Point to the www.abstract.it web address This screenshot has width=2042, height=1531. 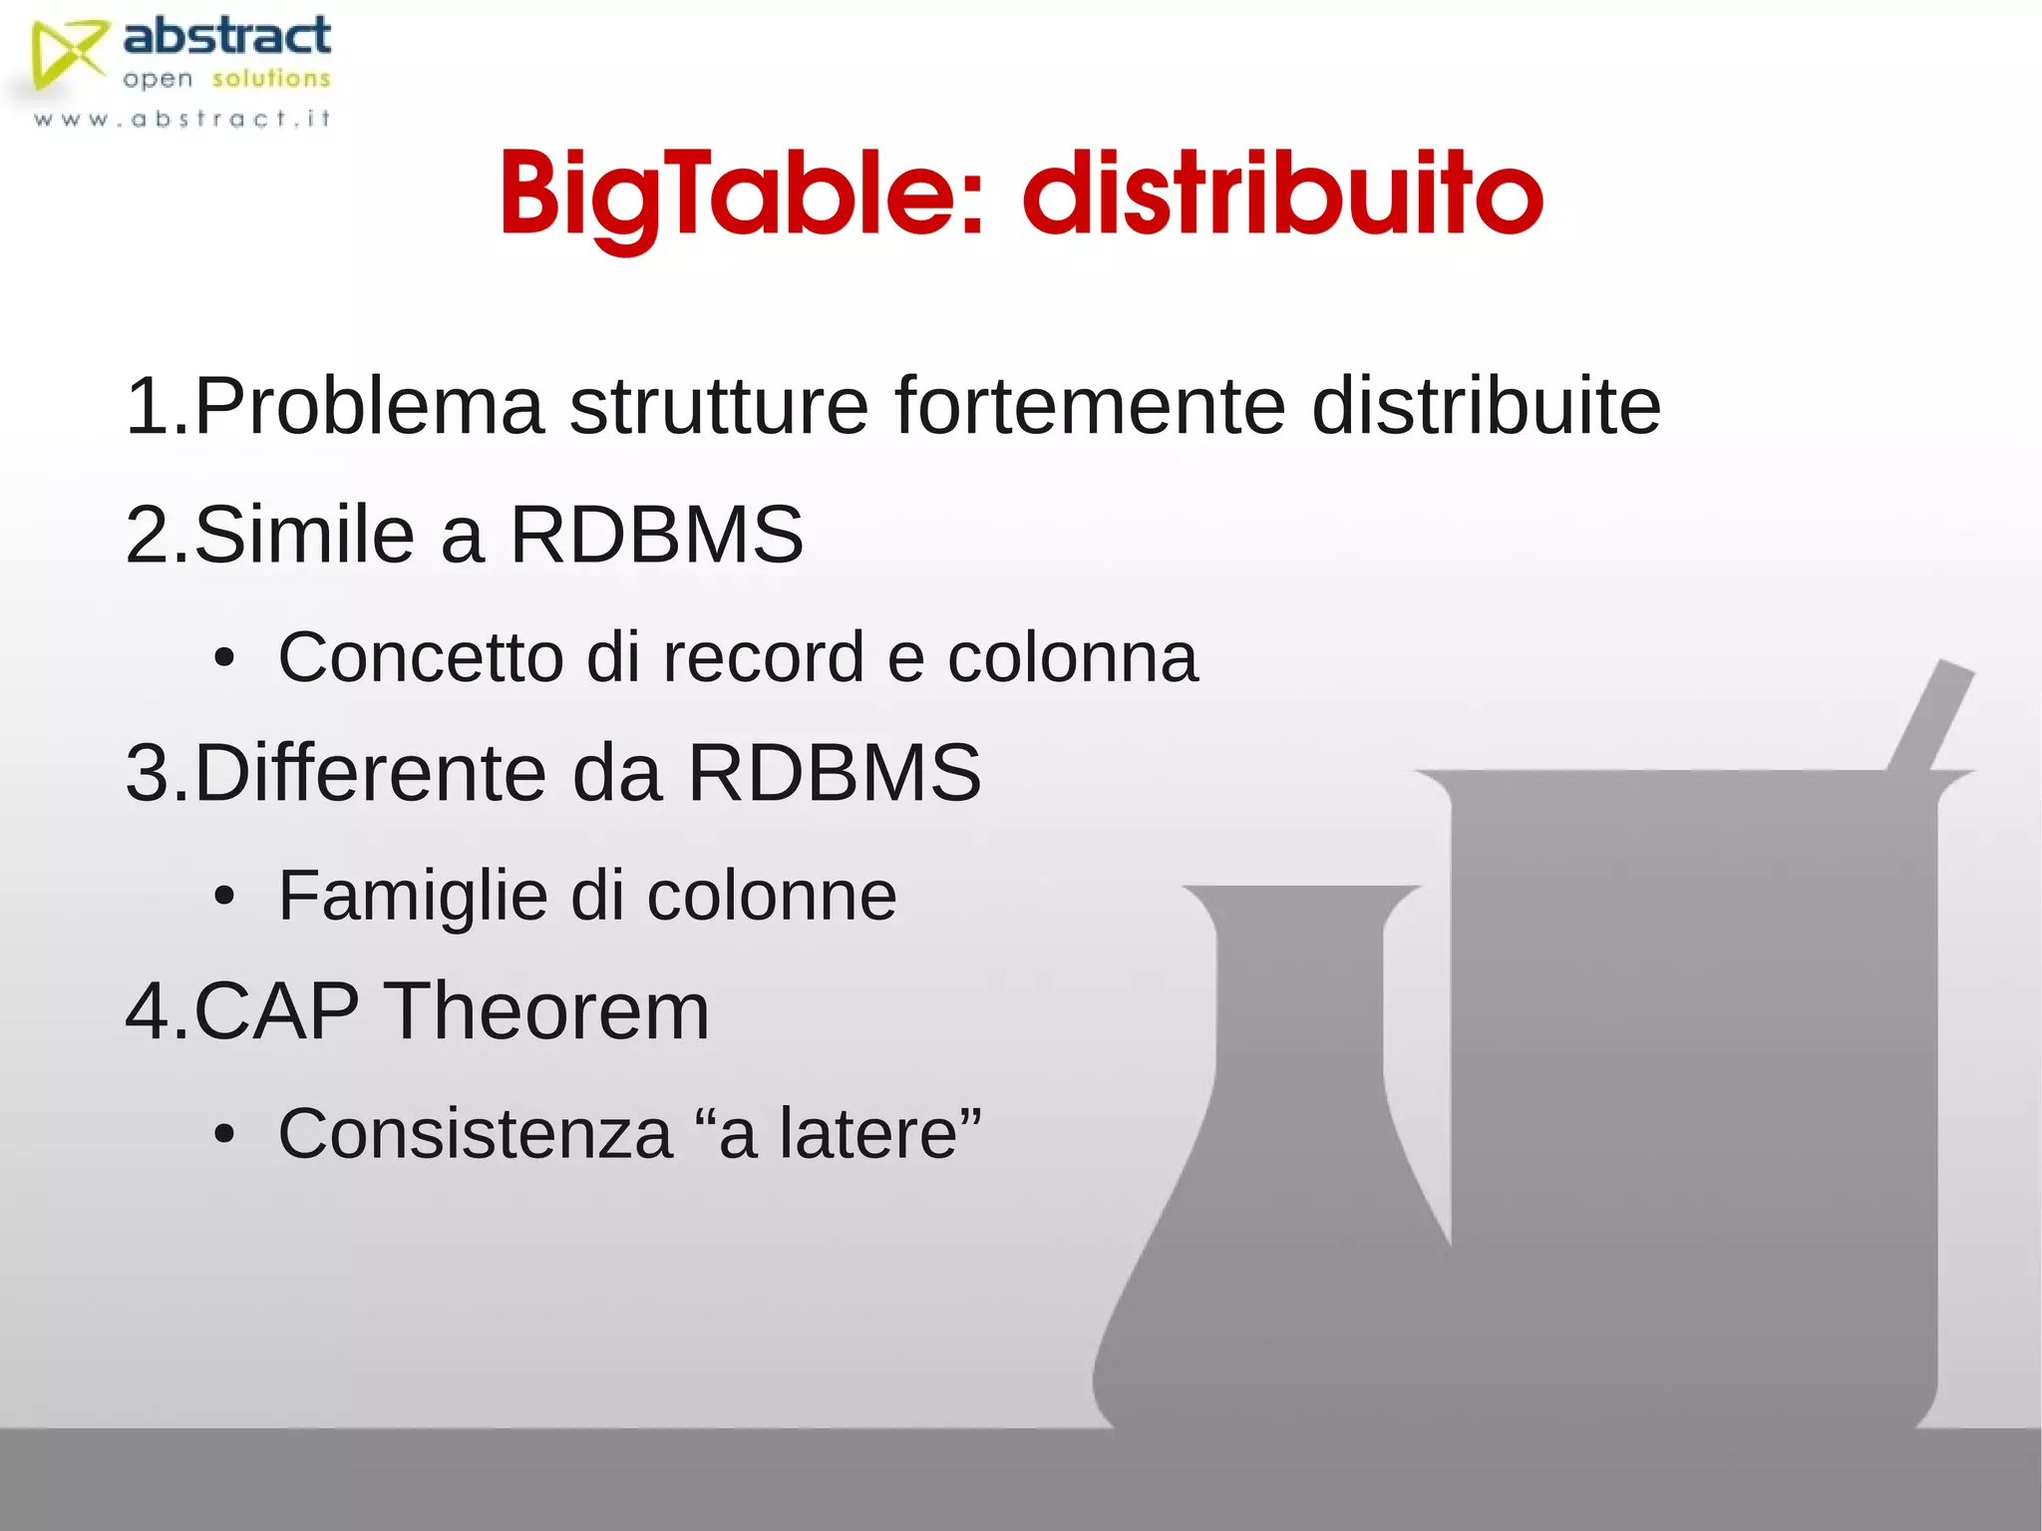(181, 119)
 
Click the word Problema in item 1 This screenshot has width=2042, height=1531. (369, 406)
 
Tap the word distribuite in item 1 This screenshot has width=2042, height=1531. (1486, 406)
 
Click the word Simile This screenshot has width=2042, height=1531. (304, 535)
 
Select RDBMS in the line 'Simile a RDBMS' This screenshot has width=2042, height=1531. (656, 535)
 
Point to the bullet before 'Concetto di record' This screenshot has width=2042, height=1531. (224, 659)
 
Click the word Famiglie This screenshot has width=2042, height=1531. (412, 896)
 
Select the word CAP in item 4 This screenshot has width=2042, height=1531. (276, 1011)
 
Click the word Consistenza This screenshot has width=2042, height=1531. (476, 1134)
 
